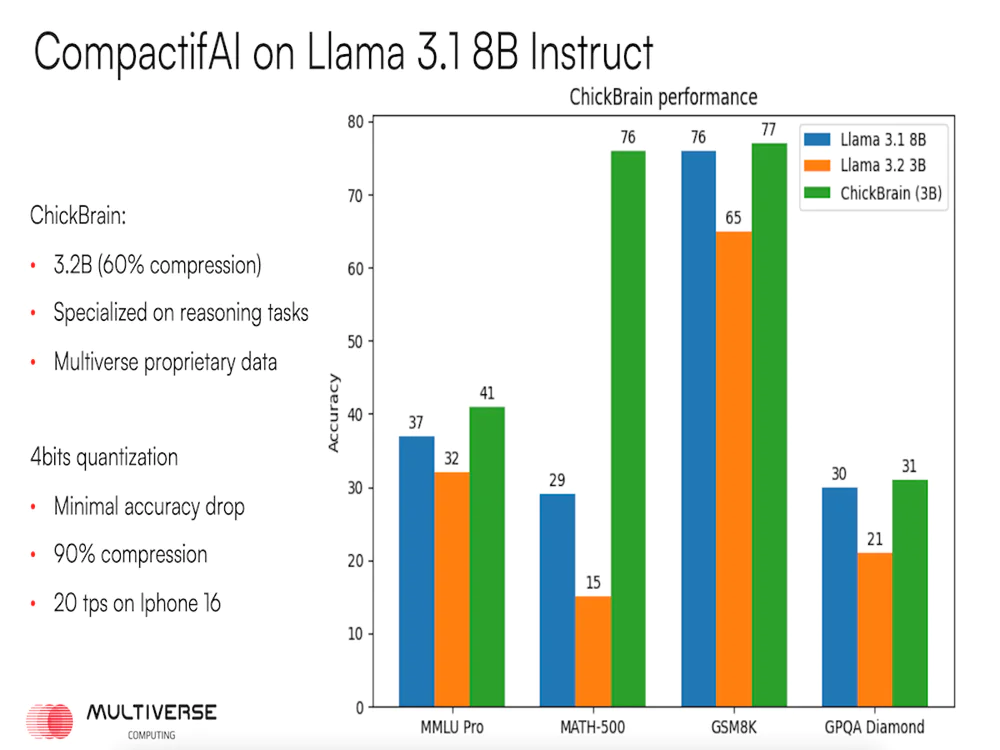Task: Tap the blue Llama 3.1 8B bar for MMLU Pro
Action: click(x=416, y=571)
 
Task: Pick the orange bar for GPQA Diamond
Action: click(x=875, y=629)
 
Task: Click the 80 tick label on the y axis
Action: click(x=357, y=122)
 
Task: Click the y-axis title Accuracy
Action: click(x=335, y=413)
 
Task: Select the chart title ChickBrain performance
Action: click(x=663, y=98)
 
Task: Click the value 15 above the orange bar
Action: click(x=592, y=582)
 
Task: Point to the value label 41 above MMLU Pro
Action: click(x=487, y=393)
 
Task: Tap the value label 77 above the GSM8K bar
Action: click(x=769, y=129)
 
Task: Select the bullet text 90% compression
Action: click(x=131, y=555)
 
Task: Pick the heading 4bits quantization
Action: click(x=104, y=458)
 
